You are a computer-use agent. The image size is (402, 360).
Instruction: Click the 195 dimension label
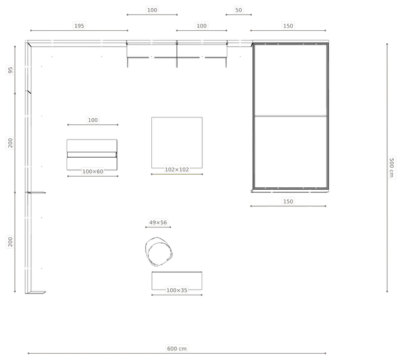pos(79,26)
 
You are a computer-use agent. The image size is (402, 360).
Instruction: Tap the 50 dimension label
pos(239,10)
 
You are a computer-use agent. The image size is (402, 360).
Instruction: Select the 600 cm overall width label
pos(177,349)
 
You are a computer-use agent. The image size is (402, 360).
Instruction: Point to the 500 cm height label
pos(391,168)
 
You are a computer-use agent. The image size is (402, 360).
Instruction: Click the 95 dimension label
pos(10,70)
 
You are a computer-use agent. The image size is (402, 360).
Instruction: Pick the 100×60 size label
pos(93,172)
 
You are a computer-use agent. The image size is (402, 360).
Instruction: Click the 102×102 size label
pos(177,170)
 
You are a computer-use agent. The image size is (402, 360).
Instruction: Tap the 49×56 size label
pos(158,222)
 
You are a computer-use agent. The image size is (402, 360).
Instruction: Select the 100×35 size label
pos(177,290)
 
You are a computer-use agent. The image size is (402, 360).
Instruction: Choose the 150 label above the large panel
pos(288,26)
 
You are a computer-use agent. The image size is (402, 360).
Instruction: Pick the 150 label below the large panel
pos(288,201)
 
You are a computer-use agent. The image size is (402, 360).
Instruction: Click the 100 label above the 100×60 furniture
pos(92,120)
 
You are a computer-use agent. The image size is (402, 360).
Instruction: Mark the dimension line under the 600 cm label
pos(177,353)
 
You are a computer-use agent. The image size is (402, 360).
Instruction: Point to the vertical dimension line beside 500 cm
pos(387,168)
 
